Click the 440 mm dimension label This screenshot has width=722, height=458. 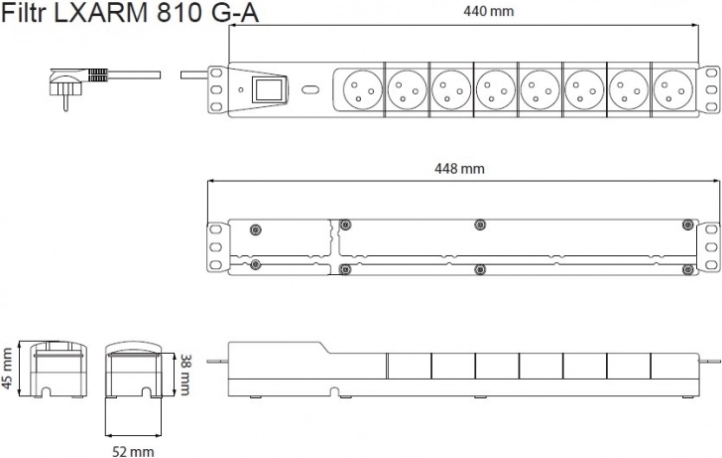coord(488,11)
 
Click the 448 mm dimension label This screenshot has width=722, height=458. coord(459,169)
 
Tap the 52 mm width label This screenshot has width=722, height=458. coord(133,452)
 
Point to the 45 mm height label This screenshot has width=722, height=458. coord(7,369)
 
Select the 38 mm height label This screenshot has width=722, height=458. coord(184,375)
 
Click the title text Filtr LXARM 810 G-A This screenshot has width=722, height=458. coord(130,14)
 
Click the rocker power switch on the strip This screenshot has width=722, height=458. coord(269,89)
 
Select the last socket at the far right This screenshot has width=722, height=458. coord(672,89)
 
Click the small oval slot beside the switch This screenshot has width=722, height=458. coord(310,89)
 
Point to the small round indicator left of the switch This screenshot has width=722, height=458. coord(240,89)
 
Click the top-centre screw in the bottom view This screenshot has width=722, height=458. coord(480,225)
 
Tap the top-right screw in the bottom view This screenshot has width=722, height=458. coord(687,225)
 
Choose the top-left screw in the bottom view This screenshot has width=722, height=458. coord(255,229)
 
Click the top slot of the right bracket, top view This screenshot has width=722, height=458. coord(711,73)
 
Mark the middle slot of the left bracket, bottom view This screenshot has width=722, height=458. coord(215,247)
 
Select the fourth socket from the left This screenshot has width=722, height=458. coord(495,89)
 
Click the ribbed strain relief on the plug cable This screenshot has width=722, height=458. coord(97,76)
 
